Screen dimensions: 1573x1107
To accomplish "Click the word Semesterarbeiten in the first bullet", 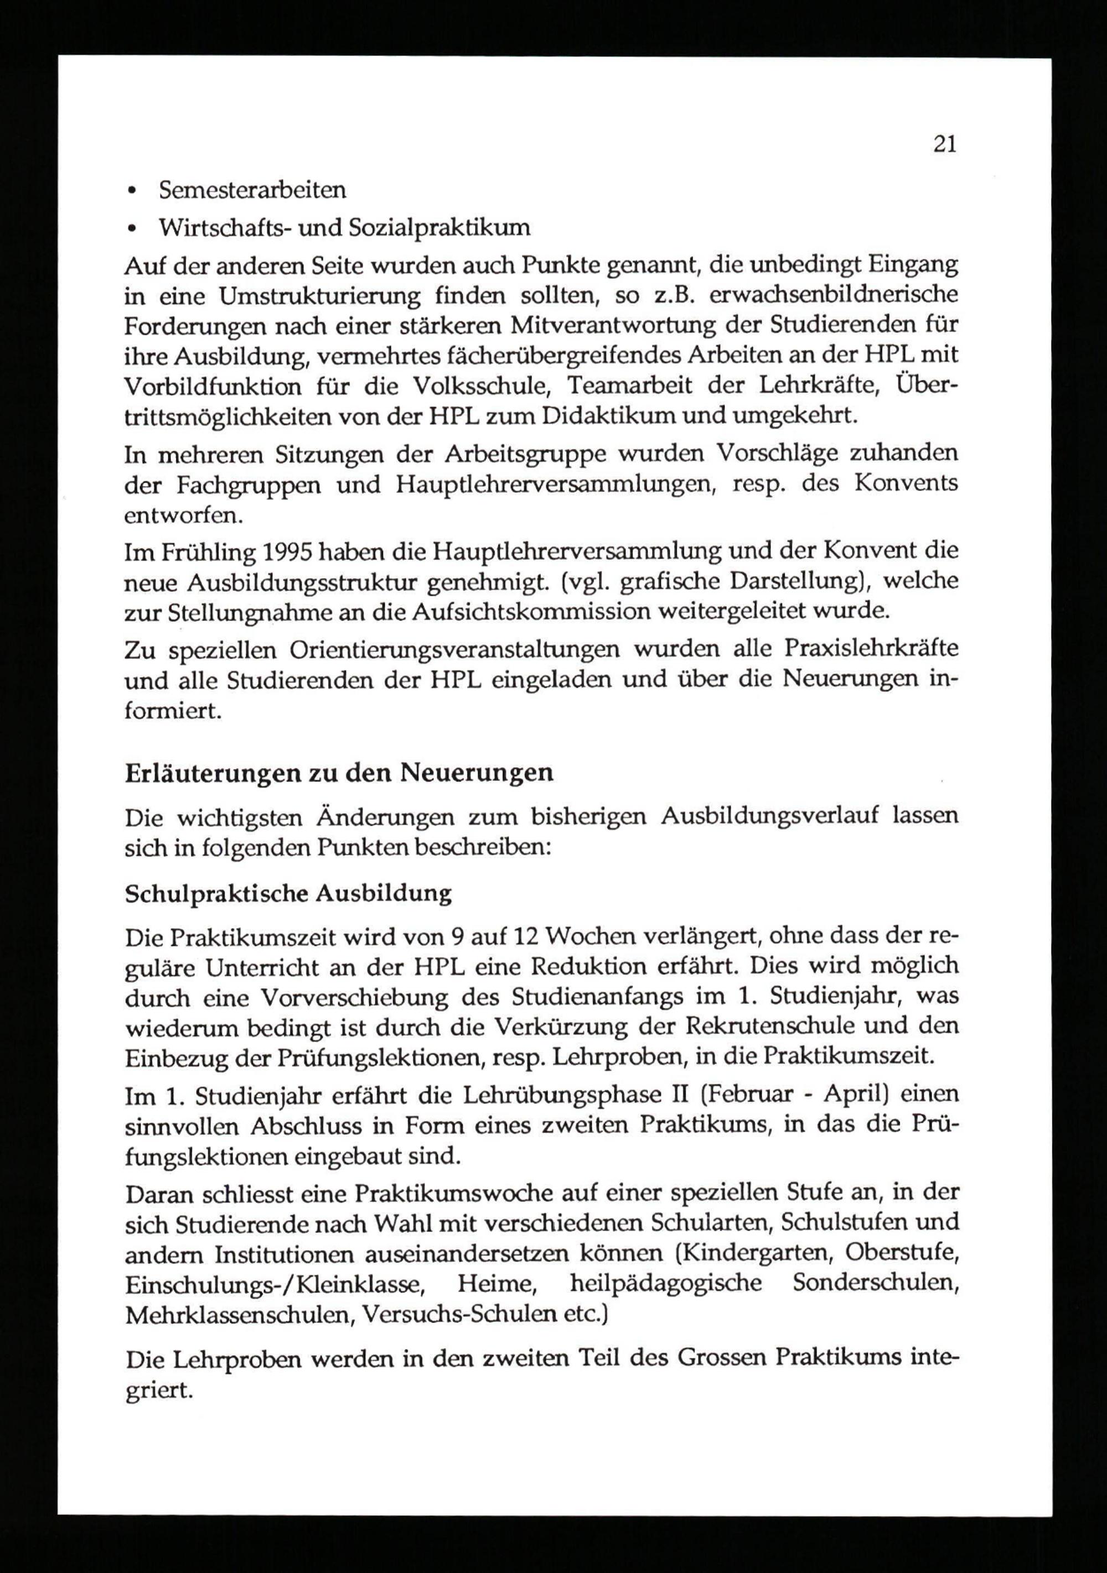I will (x=252, y=190).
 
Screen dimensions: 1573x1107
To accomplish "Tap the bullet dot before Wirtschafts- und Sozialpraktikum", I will (x=132, y=228).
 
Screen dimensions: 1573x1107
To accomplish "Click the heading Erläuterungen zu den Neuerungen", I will (x=339, y=773).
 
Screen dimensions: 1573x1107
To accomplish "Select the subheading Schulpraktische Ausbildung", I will (x=288, y=893).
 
